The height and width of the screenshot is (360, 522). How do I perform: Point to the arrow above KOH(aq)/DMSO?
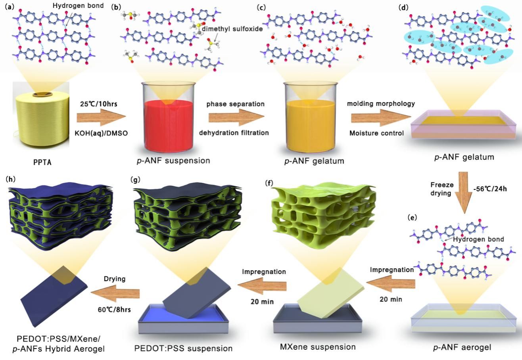click(101, 118)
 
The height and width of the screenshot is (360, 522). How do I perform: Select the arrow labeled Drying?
click(115, 293)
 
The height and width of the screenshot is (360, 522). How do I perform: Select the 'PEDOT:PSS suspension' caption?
click(183, 349)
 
